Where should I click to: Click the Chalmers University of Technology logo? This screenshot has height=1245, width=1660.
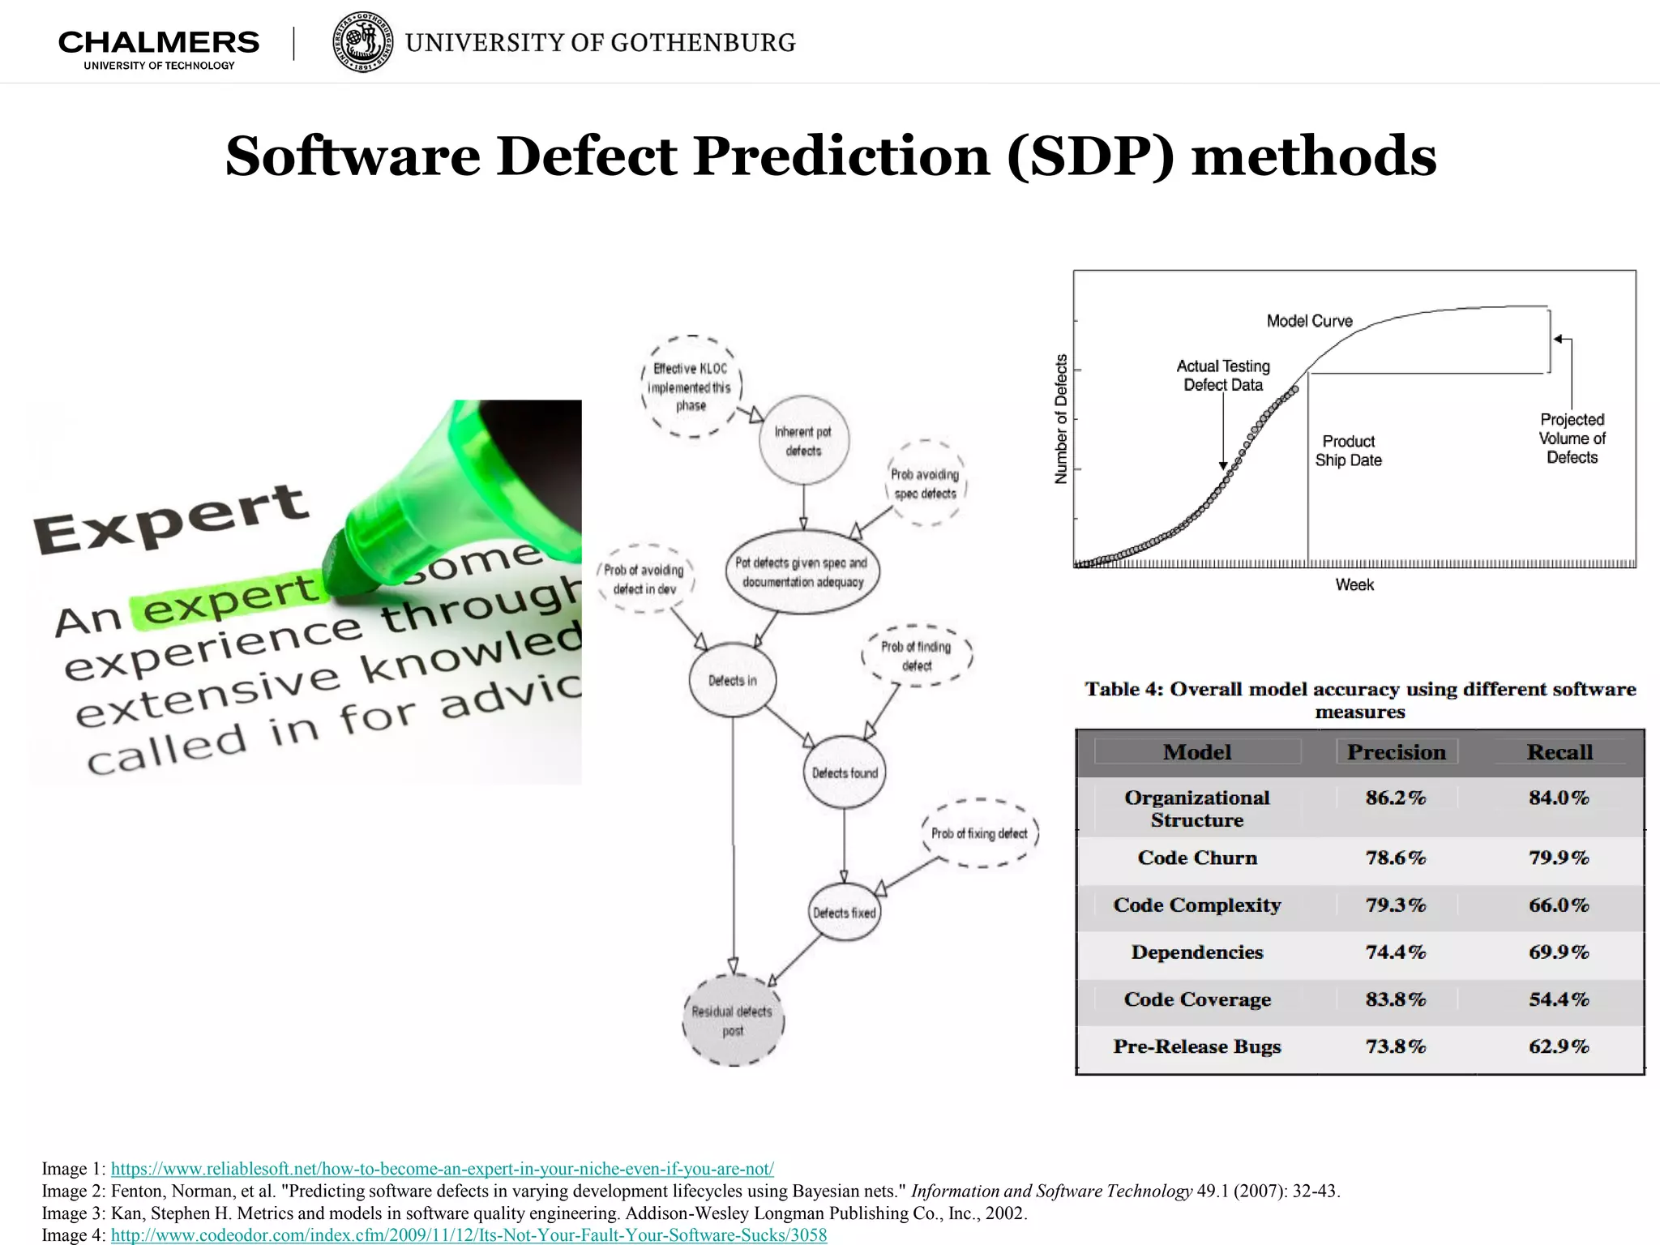pos(159,49)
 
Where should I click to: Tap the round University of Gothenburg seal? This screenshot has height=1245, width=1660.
pos(362,42)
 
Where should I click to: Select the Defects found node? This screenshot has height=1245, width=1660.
pos(845,772)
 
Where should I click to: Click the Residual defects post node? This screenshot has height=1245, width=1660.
pos(733,1020)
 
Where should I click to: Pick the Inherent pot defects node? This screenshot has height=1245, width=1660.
pos(803,441)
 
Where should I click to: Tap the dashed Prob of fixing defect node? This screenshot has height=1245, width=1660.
pos(979,833)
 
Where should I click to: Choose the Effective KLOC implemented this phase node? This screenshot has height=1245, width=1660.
pos(691,387)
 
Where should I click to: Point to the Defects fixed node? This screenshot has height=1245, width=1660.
pos(845,913)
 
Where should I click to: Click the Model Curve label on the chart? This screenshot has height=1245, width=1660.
pos(1309,321)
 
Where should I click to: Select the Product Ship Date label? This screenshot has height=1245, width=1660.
pos(1349,451)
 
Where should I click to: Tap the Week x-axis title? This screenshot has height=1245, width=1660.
pos(1354,584)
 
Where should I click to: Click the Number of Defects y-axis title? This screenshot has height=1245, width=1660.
pos(1061,419)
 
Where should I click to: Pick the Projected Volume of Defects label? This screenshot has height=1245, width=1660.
pos(1572,439)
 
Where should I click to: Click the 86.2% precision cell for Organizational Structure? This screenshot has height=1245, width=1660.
pos(1395,798)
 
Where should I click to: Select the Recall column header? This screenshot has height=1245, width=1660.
pos(1559,752)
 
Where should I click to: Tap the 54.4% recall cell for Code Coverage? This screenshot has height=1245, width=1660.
pos(1559,999)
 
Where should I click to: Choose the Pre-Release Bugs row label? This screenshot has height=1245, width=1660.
pos(1196,1046)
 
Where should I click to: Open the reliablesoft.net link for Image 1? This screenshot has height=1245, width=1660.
pos(442,1169)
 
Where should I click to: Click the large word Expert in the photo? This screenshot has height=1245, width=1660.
pos(171,519)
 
